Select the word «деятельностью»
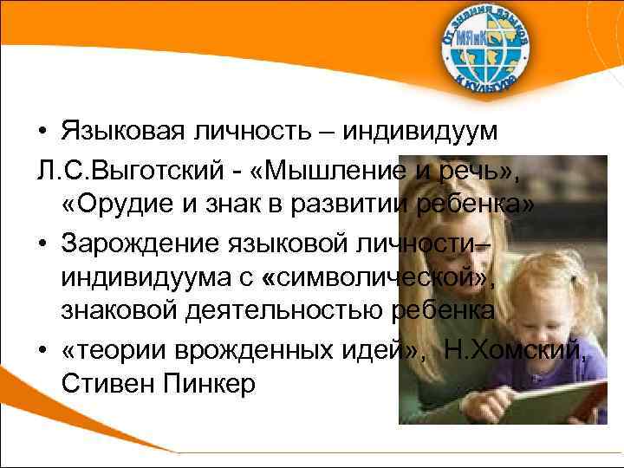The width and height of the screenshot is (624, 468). [x=307, y=310]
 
